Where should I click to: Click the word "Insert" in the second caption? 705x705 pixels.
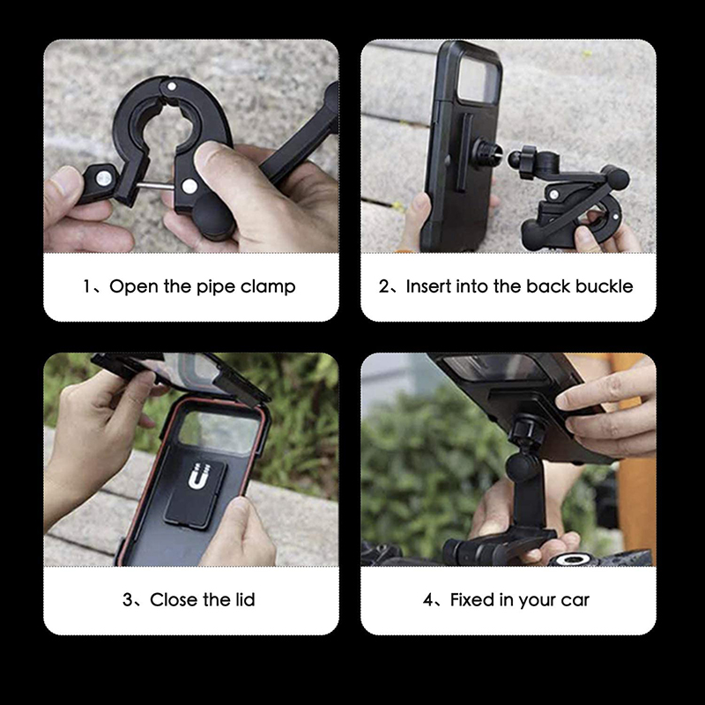pos(428,286)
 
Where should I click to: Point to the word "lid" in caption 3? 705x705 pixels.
pos(245,599)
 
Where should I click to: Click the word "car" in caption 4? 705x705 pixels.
pos(575,601)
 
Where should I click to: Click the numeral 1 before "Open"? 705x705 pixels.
pos(86,286)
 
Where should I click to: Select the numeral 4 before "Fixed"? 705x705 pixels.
pos(428,600)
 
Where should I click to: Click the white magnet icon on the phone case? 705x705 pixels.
pos(198,476)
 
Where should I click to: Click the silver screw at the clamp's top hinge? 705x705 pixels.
pos(171,85)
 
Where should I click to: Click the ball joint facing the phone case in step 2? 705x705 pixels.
pos(516,160)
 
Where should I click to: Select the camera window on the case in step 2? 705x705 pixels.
pos(479,80)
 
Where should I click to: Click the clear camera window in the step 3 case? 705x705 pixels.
pos(219,432)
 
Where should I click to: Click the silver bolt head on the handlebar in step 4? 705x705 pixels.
pos(573,559)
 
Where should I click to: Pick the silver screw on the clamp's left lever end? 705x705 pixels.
pos(104,178)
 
